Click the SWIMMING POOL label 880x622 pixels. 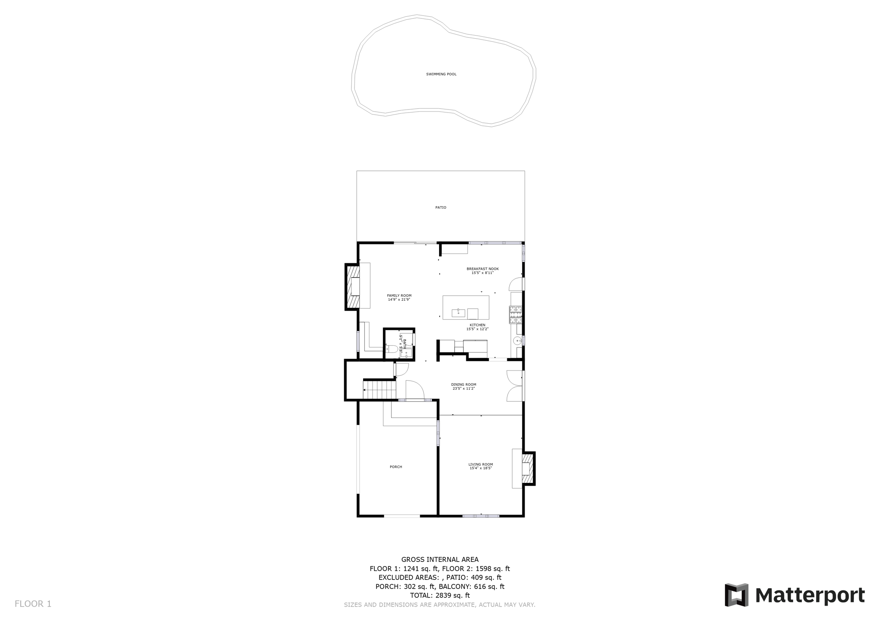[x=441, y=74]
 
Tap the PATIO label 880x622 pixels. [x=440, y=207]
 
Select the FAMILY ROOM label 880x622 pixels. [x=399, y=296]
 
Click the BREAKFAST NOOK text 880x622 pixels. [x=483, y=269]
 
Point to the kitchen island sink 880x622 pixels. [x=458, y=312]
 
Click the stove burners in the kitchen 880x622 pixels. [x=516, y=314]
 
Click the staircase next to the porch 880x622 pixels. [x=380, y=390]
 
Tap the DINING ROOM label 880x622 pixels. [x=463, y=384]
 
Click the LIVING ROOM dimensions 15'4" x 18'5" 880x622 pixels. [x=480, y=468]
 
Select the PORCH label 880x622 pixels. [x=396, y=467]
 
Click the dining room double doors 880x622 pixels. [x=515, y=386]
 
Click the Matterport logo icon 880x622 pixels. [x=736, y=595]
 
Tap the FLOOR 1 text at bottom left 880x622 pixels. [x=33, y=604]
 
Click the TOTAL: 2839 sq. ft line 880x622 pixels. [x=440, y=595]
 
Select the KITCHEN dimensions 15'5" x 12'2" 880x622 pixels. [x=477, y=329]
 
